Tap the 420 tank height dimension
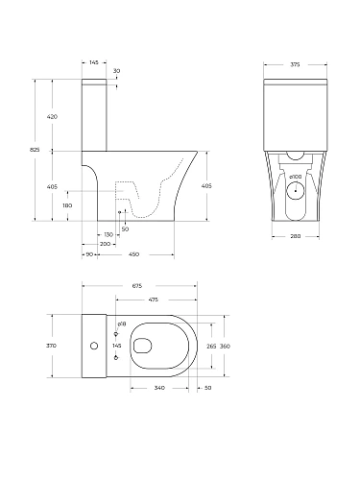pos(53,116)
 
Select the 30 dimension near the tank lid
pos(117,72)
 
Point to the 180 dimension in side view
pos(67,205)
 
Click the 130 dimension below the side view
pos(108,234)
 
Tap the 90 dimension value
pos(89,254)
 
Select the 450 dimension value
pos(134,254)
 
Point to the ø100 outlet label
pos(296,179)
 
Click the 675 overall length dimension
pos(136,285)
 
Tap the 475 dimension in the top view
pos(153,300)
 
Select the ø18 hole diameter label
pos(121,324)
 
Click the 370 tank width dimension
pos(52,345)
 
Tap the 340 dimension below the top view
pos(158,388)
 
